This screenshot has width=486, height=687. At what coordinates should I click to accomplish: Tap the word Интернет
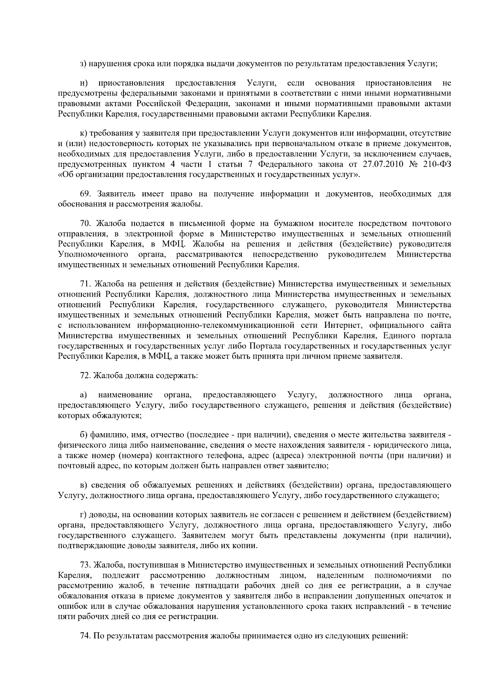point(341,325)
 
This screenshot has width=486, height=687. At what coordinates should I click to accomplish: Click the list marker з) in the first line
point(83,64)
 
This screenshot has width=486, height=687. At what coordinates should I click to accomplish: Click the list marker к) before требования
point(83,133)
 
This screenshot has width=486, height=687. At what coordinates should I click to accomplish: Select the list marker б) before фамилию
point(83,435)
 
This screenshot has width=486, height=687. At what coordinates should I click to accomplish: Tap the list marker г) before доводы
point(83,515)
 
